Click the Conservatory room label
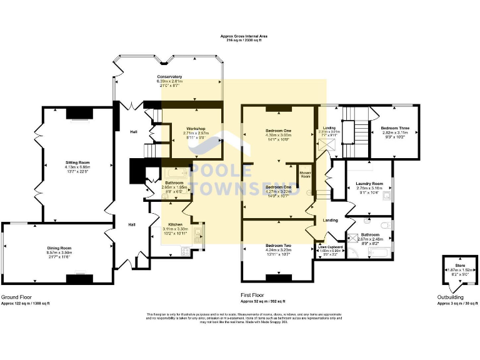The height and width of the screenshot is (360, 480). tap(169, 77)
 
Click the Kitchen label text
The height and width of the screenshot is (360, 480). tap(174, 224)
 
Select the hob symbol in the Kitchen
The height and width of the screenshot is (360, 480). tap(185, 251)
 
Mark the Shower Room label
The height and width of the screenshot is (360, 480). tap(305, 174)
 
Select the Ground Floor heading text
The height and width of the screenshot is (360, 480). tap(16, 297)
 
